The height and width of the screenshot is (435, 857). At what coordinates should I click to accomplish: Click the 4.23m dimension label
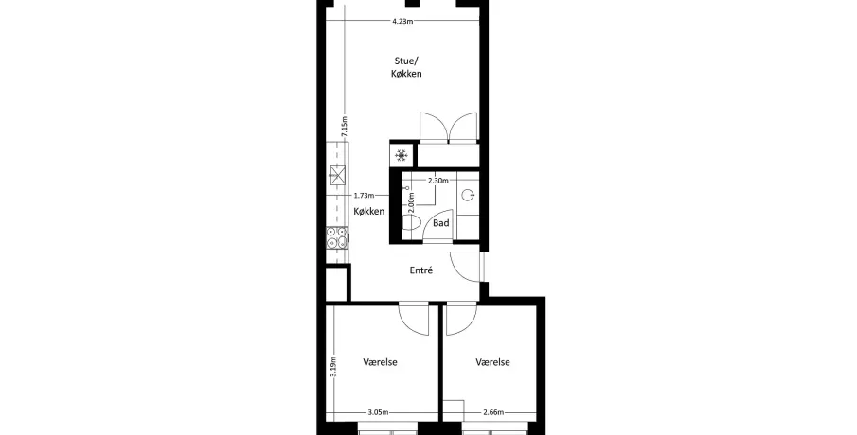[402, 22]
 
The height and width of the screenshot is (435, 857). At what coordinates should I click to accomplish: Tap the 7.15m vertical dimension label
[344, 126]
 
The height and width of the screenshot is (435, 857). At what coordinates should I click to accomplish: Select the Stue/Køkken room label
[406, 67]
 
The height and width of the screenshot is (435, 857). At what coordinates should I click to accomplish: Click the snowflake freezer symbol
[402, 156]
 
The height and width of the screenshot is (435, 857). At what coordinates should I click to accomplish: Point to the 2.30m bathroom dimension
[438, 180]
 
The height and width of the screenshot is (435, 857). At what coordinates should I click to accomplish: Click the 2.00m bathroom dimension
[411, 202]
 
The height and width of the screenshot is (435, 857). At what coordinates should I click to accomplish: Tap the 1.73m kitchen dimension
[364, 196]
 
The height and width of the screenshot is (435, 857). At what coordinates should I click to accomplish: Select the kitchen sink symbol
[338, 175]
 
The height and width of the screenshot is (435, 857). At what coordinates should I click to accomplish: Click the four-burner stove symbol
[337, 237]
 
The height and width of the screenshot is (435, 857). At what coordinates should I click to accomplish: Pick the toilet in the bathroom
[411, 222]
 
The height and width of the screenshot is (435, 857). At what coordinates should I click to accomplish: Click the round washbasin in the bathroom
[468, 195]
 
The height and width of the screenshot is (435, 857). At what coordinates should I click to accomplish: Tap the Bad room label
[441, 222]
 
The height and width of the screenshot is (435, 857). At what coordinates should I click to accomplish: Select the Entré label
[421, 270]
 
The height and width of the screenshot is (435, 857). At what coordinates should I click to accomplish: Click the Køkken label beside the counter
[369, 211]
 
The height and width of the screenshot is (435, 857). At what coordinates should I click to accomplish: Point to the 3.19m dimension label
[333, 366]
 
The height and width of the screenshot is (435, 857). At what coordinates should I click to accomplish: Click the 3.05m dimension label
[378, 412]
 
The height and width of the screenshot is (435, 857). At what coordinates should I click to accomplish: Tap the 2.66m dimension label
[493, 412]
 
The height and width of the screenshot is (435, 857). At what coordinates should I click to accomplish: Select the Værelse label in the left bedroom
[381, 362]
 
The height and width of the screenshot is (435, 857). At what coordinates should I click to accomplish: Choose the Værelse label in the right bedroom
[493, 362]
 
